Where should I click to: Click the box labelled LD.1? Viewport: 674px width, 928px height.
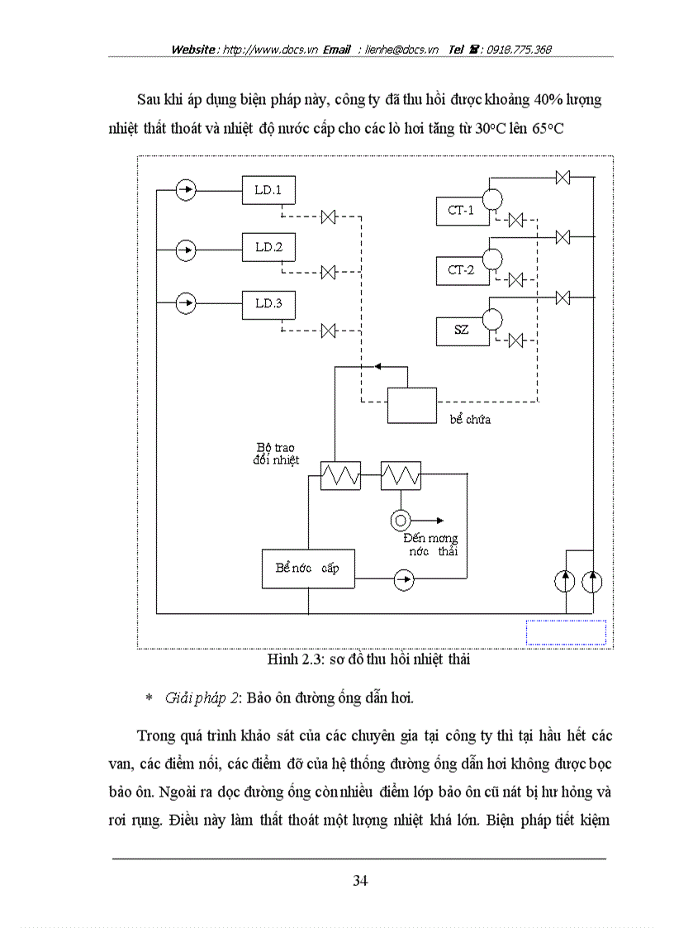(268, 191)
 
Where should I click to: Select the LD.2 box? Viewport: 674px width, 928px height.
(268, 247)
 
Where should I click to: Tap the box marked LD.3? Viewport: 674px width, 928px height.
(268, 304)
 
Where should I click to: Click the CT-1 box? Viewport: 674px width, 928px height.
(460, 210)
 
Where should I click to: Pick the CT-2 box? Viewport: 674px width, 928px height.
(460, 269)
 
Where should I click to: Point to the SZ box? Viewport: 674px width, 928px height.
(460, 330)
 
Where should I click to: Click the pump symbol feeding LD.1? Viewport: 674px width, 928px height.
(187, 191)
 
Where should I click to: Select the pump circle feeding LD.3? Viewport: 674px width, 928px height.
(187, 304)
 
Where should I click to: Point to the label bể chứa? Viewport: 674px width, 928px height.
(470, 419)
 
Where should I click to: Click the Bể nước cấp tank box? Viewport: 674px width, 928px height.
(307, 569)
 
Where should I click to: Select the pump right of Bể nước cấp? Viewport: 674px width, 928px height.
(403, 580)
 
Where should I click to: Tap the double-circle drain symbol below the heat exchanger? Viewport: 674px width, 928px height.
(401, 520)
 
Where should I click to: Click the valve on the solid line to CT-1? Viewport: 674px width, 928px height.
(563, 178)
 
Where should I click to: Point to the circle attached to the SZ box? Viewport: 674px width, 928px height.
(492, 318)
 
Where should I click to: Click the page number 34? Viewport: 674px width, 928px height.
(360, 881)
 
